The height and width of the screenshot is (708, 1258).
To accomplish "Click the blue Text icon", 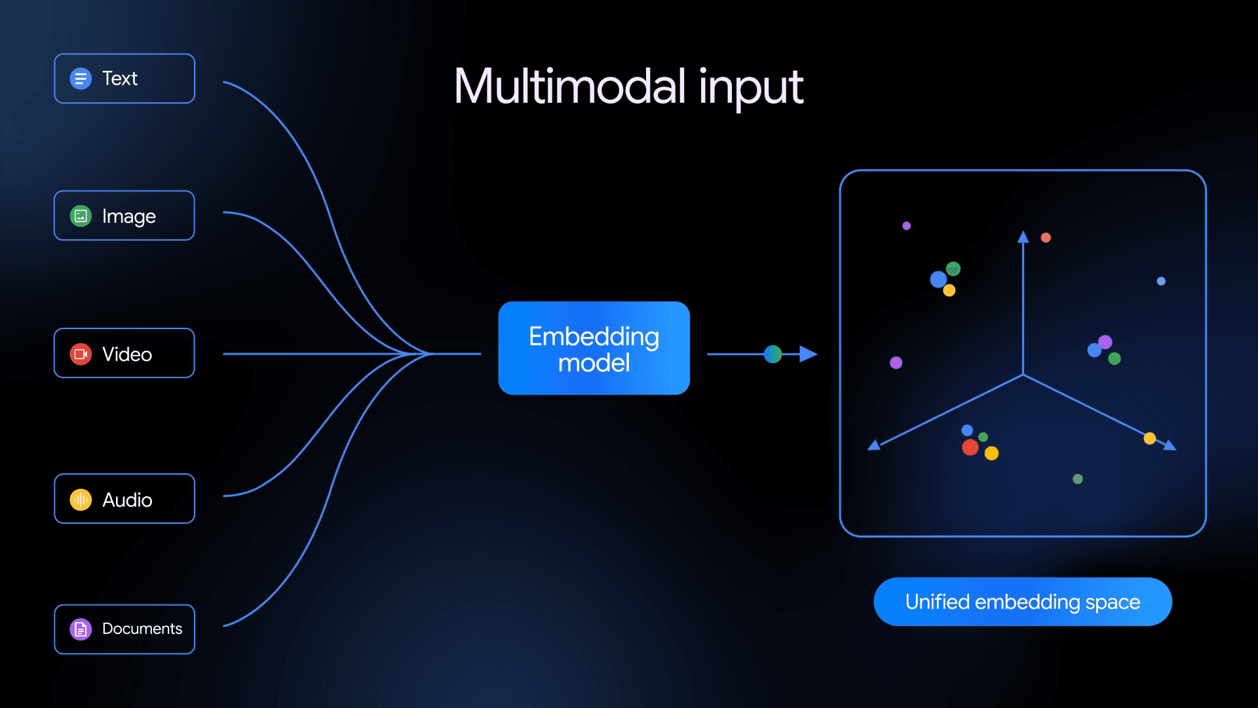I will click(x=81, y=79).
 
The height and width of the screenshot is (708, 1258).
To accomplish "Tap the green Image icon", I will click(x=81, y=216).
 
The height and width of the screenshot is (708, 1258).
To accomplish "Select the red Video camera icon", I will click(x=81, y=354).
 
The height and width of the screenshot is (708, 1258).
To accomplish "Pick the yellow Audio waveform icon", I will click(x=81, y=500).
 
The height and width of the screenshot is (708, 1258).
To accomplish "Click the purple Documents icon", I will click(x=81, y=629).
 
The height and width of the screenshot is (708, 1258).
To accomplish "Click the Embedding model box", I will click(x=594, y=348).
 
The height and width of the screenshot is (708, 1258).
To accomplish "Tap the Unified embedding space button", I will click(x=1022, y=602).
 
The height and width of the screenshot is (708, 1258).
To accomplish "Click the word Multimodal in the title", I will click(x=569, y=87).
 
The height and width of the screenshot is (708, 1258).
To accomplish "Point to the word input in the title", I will click(x=751, y=88).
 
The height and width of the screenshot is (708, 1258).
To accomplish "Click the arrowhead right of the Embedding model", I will click(x=809, y=354).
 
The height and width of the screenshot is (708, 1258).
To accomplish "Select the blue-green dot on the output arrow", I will click(x=773, y=354).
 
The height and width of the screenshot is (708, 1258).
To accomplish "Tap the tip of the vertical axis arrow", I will click(x=1023, y=237).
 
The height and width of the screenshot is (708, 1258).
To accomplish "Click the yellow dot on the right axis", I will click(x=1149, y=438).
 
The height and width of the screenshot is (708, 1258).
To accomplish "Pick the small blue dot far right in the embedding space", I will click(x=1161, y=281).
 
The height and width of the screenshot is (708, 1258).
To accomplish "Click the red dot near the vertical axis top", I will click(x=1046, y=237).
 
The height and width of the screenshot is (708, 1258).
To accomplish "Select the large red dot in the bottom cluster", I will click(x=970, y=448).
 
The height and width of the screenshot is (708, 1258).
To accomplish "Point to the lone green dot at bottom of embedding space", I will click(x=1078, y=479).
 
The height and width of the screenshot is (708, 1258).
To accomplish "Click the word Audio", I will click(x=127, y=500).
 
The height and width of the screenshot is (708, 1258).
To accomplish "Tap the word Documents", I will click(x=142, y=629).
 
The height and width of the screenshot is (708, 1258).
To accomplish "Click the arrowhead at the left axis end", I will click(x=874, y=446).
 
